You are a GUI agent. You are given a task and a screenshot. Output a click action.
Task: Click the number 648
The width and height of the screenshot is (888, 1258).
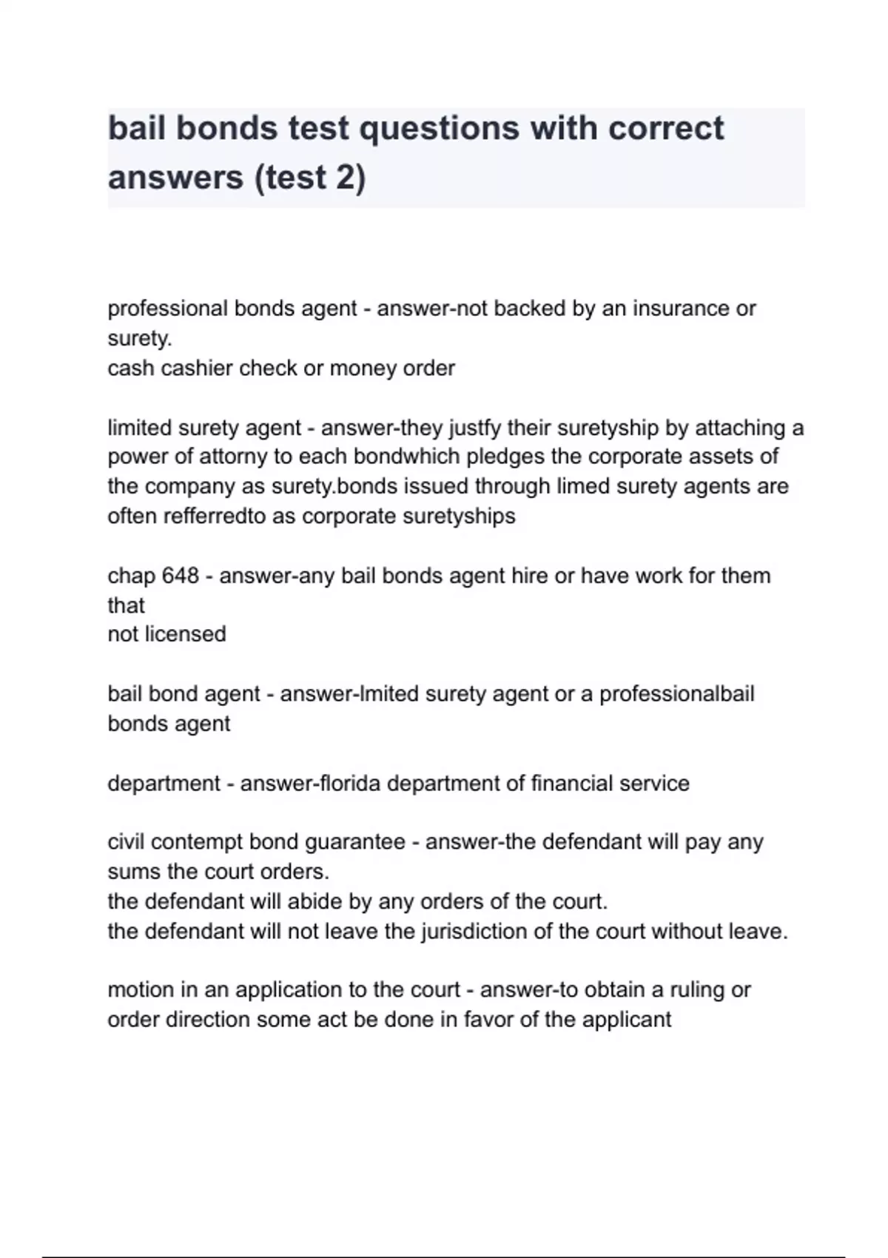click(x=180, y=576)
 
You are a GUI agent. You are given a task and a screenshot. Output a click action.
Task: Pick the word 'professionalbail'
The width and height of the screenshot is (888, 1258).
click(x=676, y=694)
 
